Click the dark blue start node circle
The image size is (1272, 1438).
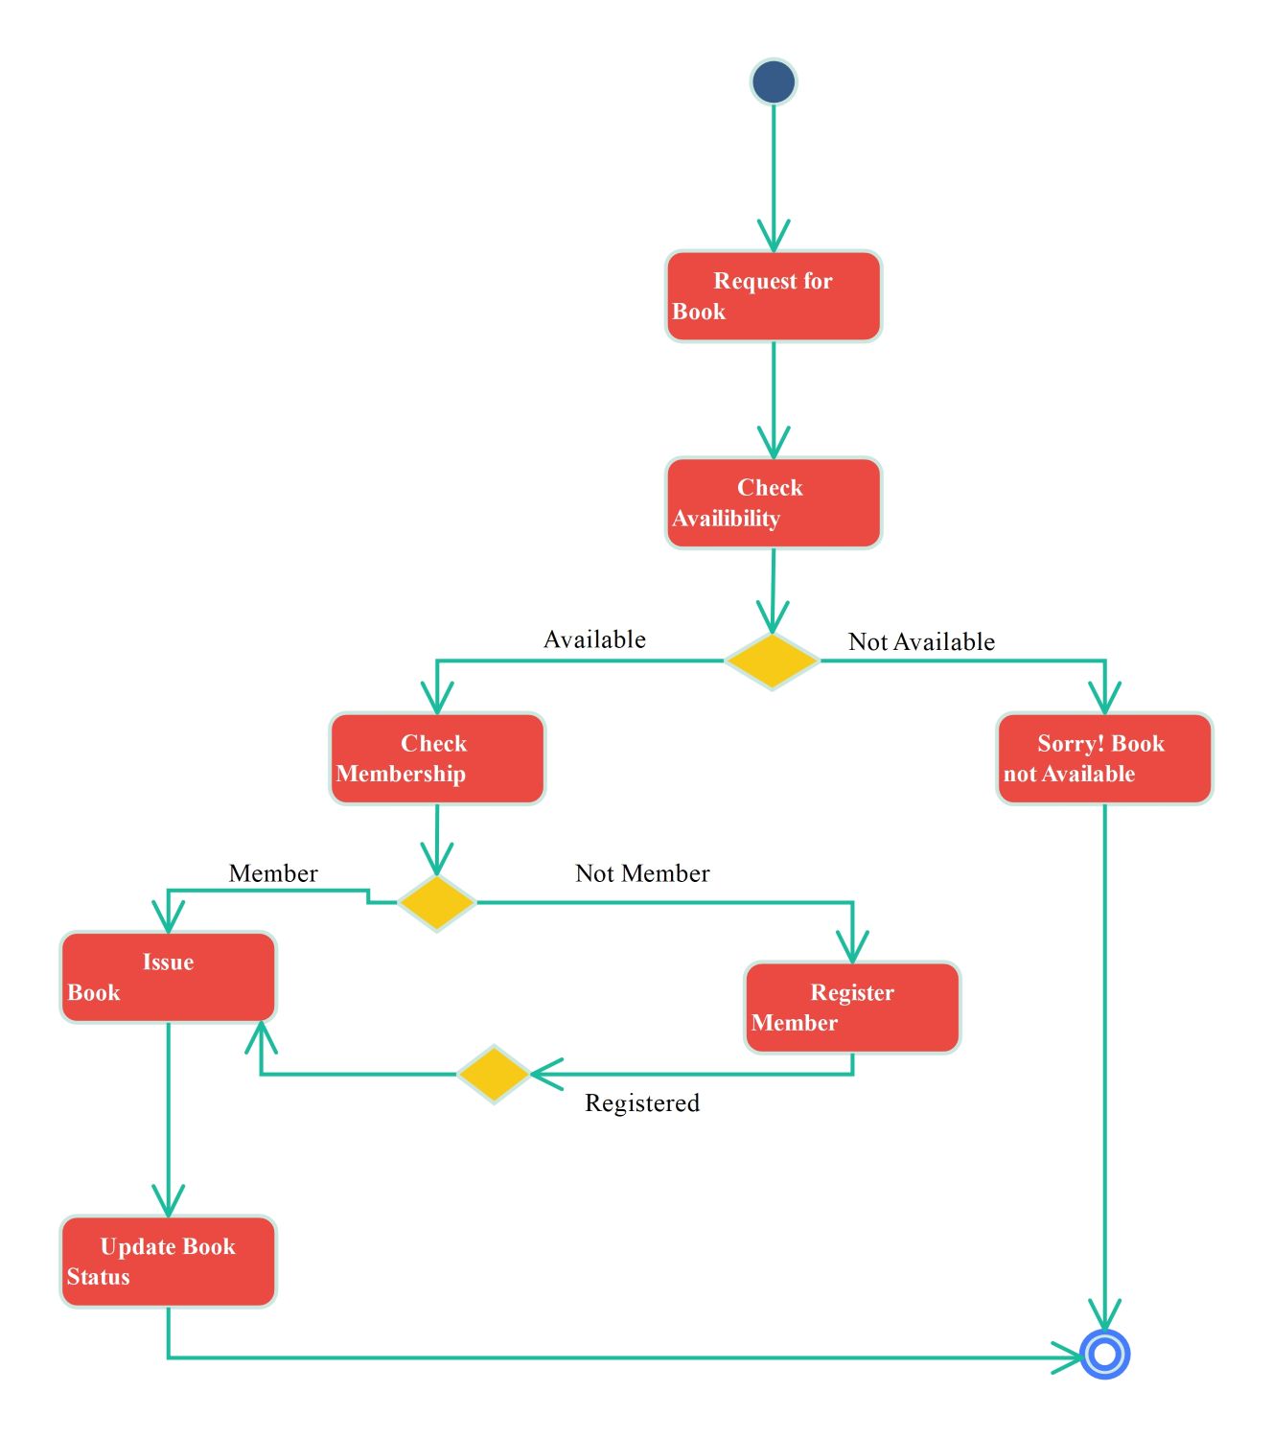773,81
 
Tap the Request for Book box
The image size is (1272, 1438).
773,296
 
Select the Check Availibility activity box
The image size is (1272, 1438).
773,502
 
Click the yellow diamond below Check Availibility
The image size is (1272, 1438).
772,661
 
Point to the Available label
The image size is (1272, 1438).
594,639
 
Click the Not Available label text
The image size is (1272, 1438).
921,642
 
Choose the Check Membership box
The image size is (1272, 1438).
437,758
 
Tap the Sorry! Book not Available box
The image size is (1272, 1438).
1104,758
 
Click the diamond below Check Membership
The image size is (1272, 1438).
437,902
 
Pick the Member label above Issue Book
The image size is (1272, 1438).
273,873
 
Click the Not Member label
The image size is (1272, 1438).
642,873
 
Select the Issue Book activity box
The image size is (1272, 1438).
169,977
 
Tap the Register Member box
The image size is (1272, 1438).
852,1008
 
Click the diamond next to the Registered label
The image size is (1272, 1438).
493,1074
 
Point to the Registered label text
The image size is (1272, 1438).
642,1102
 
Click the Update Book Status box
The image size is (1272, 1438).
169,1261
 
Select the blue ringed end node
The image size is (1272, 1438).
1104,1354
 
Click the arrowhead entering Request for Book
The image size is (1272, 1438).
773,238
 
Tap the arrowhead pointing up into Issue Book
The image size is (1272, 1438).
261,1035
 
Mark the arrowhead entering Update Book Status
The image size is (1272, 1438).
169,1202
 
